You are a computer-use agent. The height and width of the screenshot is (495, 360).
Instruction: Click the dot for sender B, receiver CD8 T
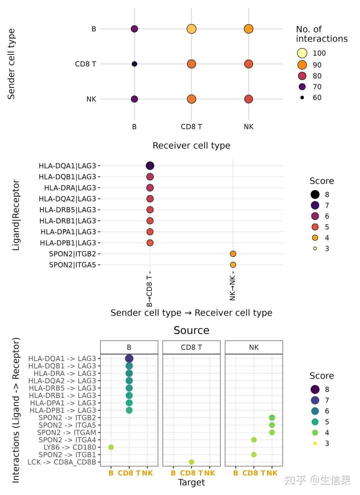191,29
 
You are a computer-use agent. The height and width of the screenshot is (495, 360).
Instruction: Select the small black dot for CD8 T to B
134,64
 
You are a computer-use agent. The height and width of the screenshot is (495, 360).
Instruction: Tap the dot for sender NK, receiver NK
248,99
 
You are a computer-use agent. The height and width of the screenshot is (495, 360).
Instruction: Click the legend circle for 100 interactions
302,53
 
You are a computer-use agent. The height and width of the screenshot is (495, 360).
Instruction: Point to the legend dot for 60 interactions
302,98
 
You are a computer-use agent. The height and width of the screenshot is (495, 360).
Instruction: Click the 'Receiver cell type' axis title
191,146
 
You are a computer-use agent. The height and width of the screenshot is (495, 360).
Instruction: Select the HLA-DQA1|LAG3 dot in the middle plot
150,166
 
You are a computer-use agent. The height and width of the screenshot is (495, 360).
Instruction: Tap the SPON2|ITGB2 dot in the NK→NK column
233,254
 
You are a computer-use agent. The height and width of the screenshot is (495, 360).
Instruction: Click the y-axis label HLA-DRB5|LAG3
68,210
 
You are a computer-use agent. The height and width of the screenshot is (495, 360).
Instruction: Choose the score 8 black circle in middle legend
315,194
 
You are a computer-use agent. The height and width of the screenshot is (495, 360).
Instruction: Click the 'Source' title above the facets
191,330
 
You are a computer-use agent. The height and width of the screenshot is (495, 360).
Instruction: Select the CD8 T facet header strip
191,347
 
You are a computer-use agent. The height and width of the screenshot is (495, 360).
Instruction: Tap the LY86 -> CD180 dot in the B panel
111,447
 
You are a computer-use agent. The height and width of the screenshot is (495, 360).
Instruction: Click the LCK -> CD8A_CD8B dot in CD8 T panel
191,462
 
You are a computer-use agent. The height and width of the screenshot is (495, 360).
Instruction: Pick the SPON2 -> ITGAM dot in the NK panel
272,433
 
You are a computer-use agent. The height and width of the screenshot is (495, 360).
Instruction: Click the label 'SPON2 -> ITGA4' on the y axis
67,440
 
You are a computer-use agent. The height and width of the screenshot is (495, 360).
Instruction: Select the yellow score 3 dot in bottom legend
315,443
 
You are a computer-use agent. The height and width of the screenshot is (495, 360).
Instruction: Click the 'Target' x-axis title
191,482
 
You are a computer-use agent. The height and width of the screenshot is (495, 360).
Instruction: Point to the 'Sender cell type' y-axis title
11,64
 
